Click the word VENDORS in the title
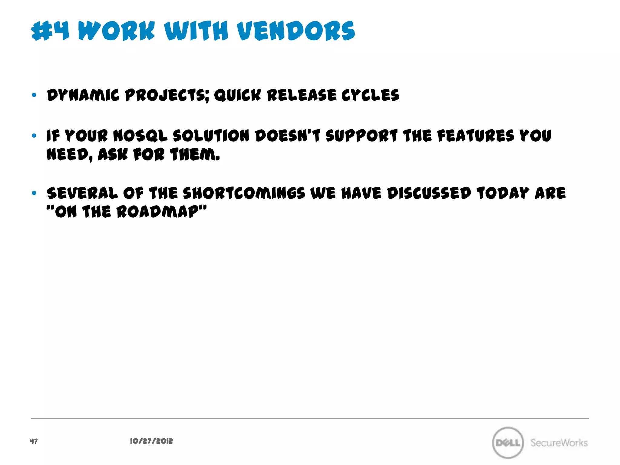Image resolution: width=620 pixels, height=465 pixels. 296,31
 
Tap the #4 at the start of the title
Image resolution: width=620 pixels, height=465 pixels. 50,31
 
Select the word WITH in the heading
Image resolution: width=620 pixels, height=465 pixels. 196,31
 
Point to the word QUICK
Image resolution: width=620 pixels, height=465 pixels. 237,95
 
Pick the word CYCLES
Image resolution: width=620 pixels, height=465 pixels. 370,95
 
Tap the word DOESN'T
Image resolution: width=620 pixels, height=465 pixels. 288,136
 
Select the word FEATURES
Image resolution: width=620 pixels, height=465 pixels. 476,136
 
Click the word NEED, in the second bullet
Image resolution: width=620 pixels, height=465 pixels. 69,155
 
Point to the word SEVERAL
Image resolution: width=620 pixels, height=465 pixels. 82,193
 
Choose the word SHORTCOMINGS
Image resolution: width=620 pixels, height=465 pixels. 244,193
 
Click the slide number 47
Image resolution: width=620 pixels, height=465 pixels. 34,441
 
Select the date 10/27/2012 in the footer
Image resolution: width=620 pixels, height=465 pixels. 151,441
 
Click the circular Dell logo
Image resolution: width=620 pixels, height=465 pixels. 508,443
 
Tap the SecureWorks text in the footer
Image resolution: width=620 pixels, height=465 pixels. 559,443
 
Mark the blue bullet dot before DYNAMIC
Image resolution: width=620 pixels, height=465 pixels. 34,95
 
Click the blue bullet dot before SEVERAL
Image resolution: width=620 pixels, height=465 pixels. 34,193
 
